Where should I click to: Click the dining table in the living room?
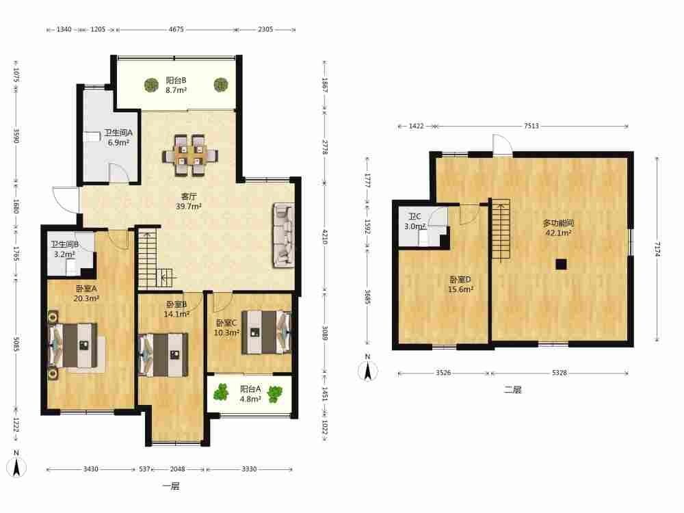(x=189, y=155)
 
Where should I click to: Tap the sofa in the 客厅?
(x=284, y=235)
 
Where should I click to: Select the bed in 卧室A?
(x=77, y=345)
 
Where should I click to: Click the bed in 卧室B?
(x=163, y=354)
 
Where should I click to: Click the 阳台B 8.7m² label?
(x=176, y=85)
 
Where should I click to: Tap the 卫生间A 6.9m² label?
(x=118, y=137)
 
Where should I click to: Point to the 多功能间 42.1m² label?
(x=558, y=228)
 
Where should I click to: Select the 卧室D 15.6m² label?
(x=460, y=284)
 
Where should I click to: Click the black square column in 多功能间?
(x=561, y=264)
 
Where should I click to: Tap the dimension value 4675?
(x=176, y=29)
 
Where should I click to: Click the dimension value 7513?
(x=531, y=126)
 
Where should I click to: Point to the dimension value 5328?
(x=560, y=373)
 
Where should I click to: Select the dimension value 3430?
(x=91, y=469)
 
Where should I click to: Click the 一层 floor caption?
(x=171, y=486)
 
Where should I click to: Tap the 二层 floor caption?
(x=512, y=390)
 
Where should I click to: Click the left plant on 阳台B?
(x=151, y=85)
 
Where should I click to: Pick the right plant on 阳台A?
(x=275, y=394)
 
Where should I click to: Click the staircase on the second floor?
(x=501, y=230)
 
